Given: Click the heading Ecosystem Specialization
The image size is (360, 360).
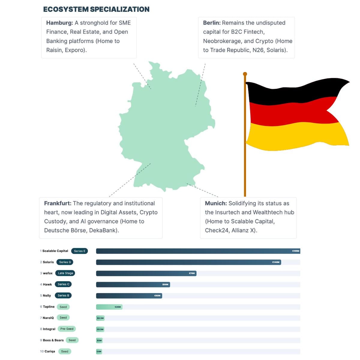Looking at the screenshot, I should pyautogui.click(x=96, y=9).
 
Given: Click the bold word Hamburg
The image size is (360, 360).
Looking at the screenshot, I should pyautogui.click(x=59, y=23).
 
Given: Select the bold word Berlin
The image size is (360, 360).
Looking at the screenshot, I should pyautogui.click(x=211, y=23).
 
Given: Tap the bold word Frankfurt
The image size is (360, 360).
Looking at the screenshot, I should pyautogui.click(x=58, y=203).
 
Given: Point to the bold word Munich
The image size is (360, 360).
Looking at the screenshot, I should pyautogui.click(x=216, y=203).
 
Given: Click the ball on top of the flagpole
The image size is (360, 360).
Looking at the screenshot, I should pyautogui.click(x=245, y=74).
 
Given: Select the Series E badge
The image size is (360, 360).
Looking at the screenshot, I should pyautogui.click(x=79, y=251).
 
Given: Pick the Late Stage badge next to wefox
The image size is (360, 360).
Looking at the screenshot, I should pyautogui.click(x=65, y=273).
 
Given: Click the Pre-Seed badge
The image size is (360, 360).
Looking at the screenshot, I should pyautogui.click(x=67, y=329).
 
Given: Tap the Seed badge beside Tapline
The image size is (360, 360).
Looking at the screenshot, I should pyautogui.click(x=63, y=307).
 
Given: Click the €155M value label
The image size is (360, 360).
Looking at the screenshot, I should pyautogui.click(x=295, y=251).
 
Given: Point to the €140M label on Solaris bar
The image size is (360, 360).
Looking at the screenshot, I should pyautogui.click(x=276, y=262).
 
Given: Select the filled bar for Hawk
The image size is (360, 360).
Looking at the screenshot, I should pyautogui.click(x=132, y=284).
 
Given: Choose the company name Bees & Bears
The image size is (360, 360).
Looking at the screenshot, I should pyautogui.click(x=53, y=340).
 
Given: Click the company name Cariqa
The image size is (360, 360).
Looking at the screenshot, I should pyautogui.click(x=49, y=351).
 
